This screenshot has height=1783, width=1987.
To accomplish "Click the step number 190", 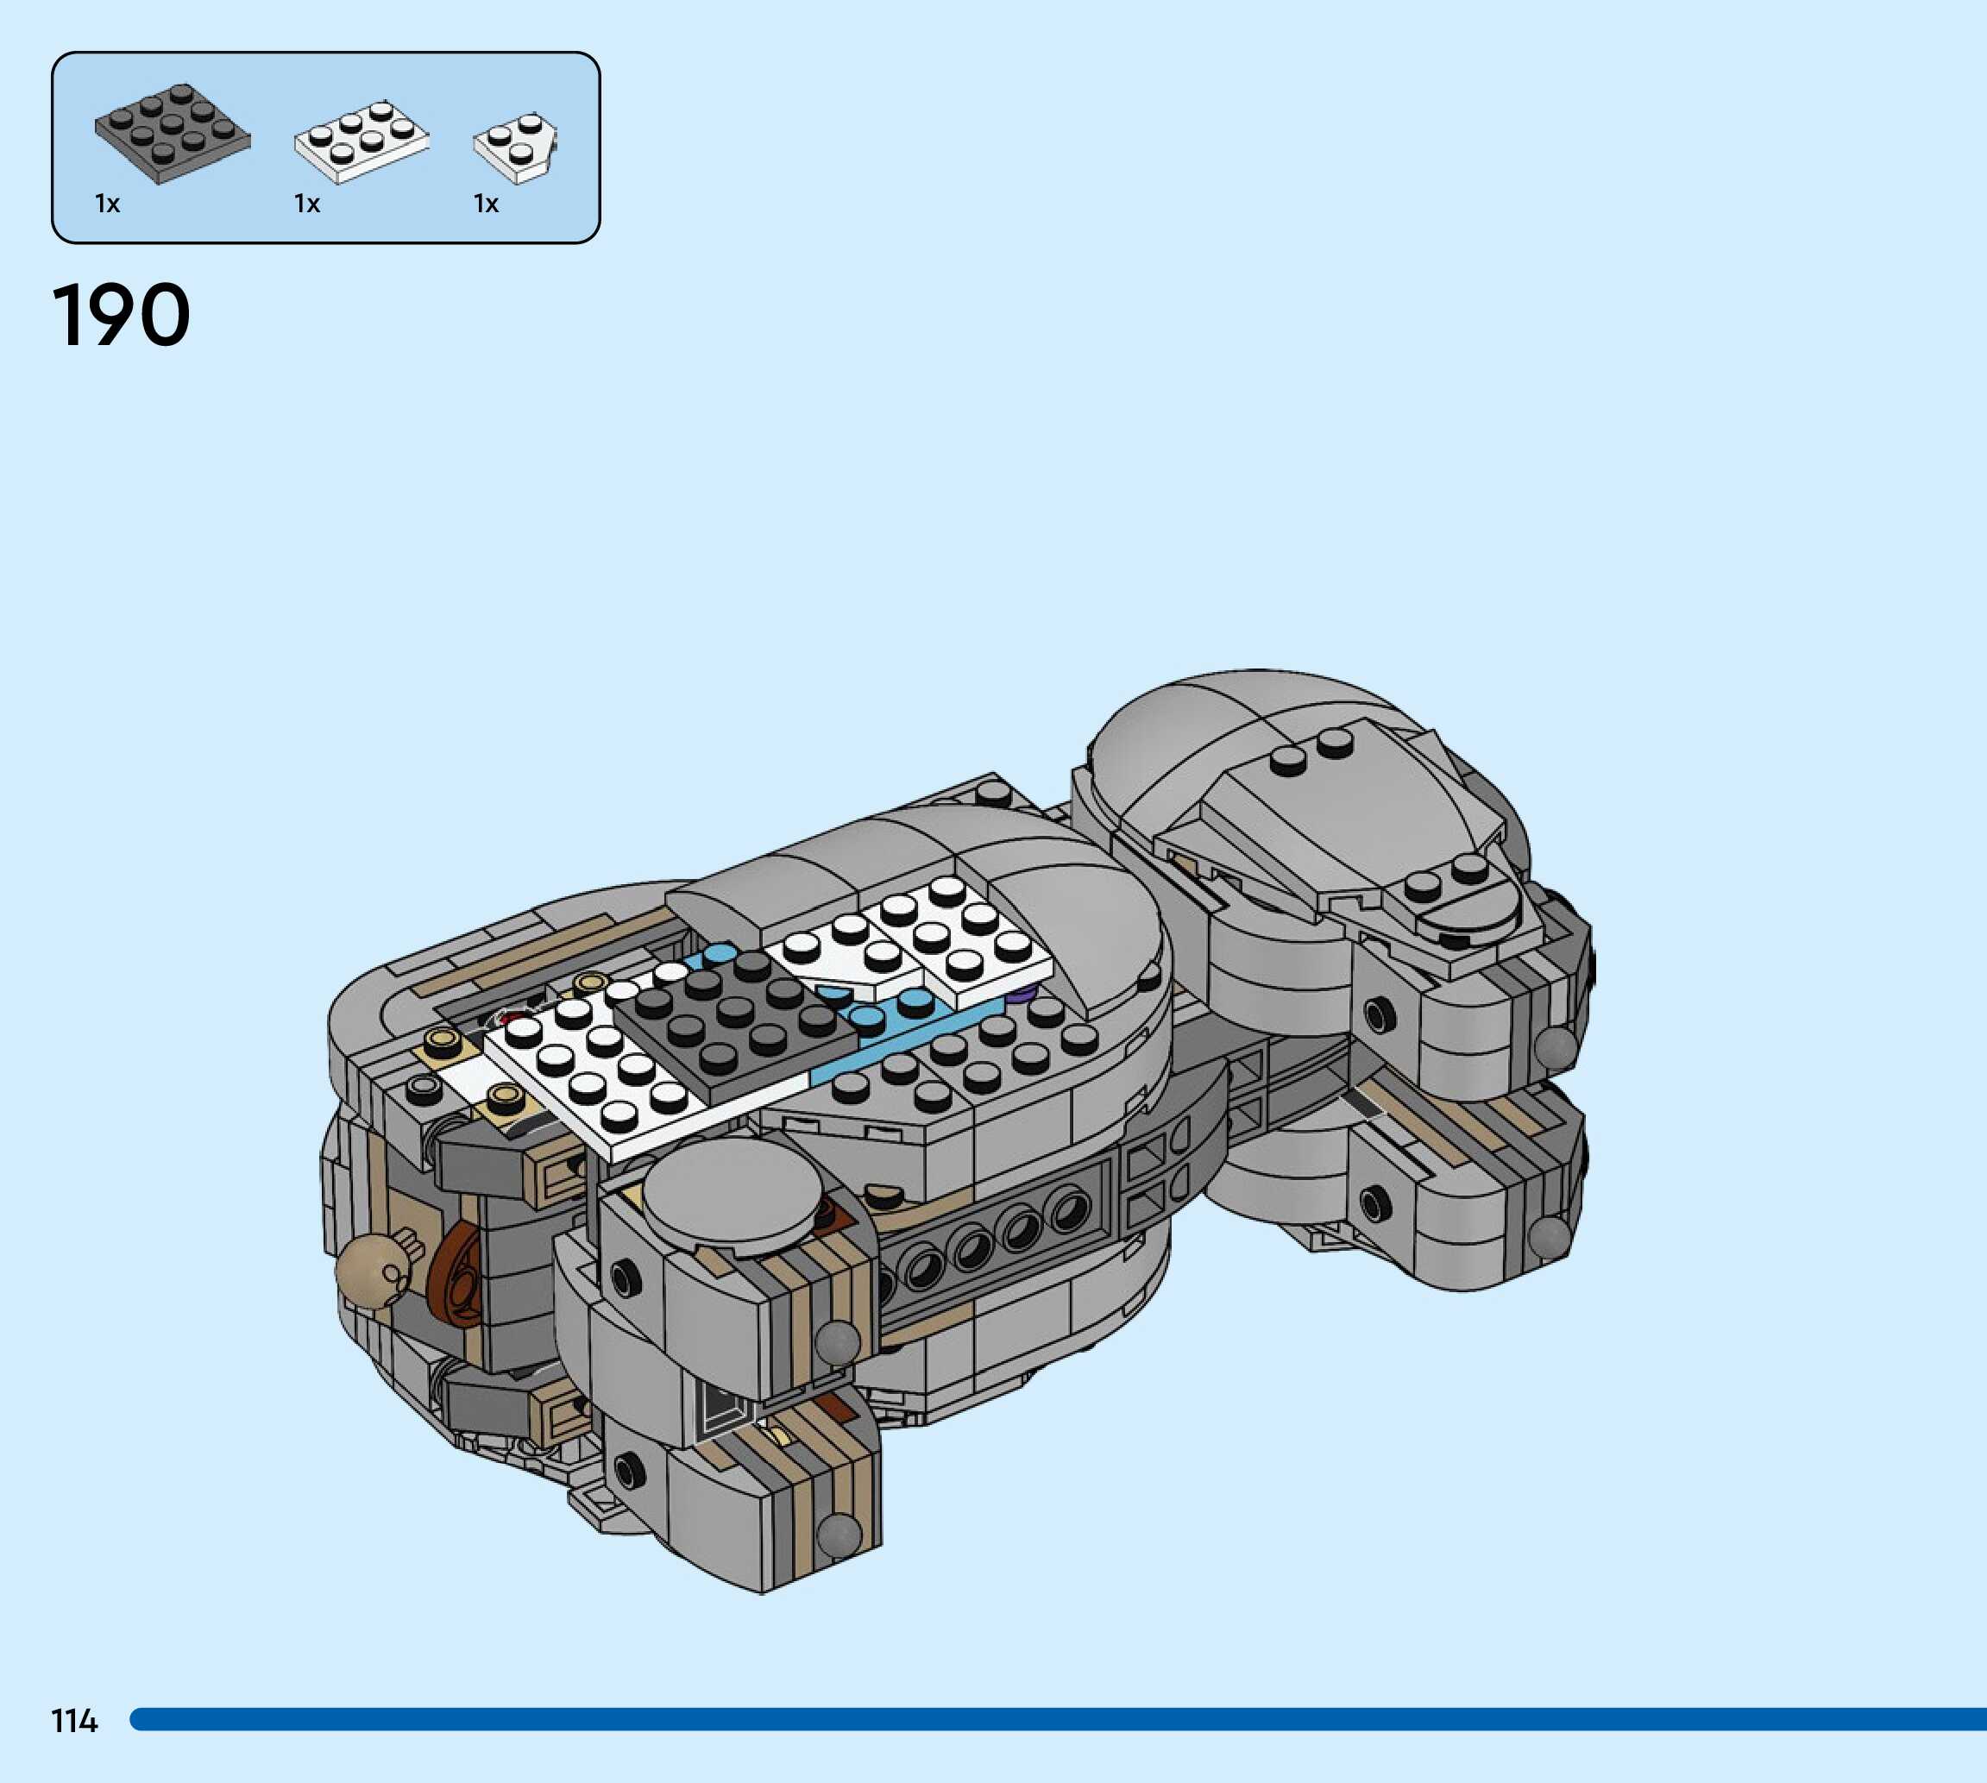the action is click(x=121, y=316).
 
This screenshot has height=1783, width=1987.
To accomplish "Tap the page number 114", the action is click(x=74, y=1720).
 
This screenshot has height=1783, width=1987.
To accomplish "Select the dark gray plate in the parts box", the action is click(x=173, y=133).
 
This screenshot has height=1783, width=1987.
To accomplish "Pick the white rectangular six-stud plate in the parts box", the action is click(x=362, y=141).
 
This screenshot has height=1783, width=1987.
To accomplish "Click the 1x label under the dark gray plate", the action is click(x=107, y=204).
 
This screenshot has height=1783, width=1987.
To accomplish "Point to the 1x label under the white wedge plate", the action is click(x=486, y=204).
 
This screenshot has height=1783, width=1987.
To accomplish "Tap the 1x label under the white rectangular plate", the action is click(x=306, y=204).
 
